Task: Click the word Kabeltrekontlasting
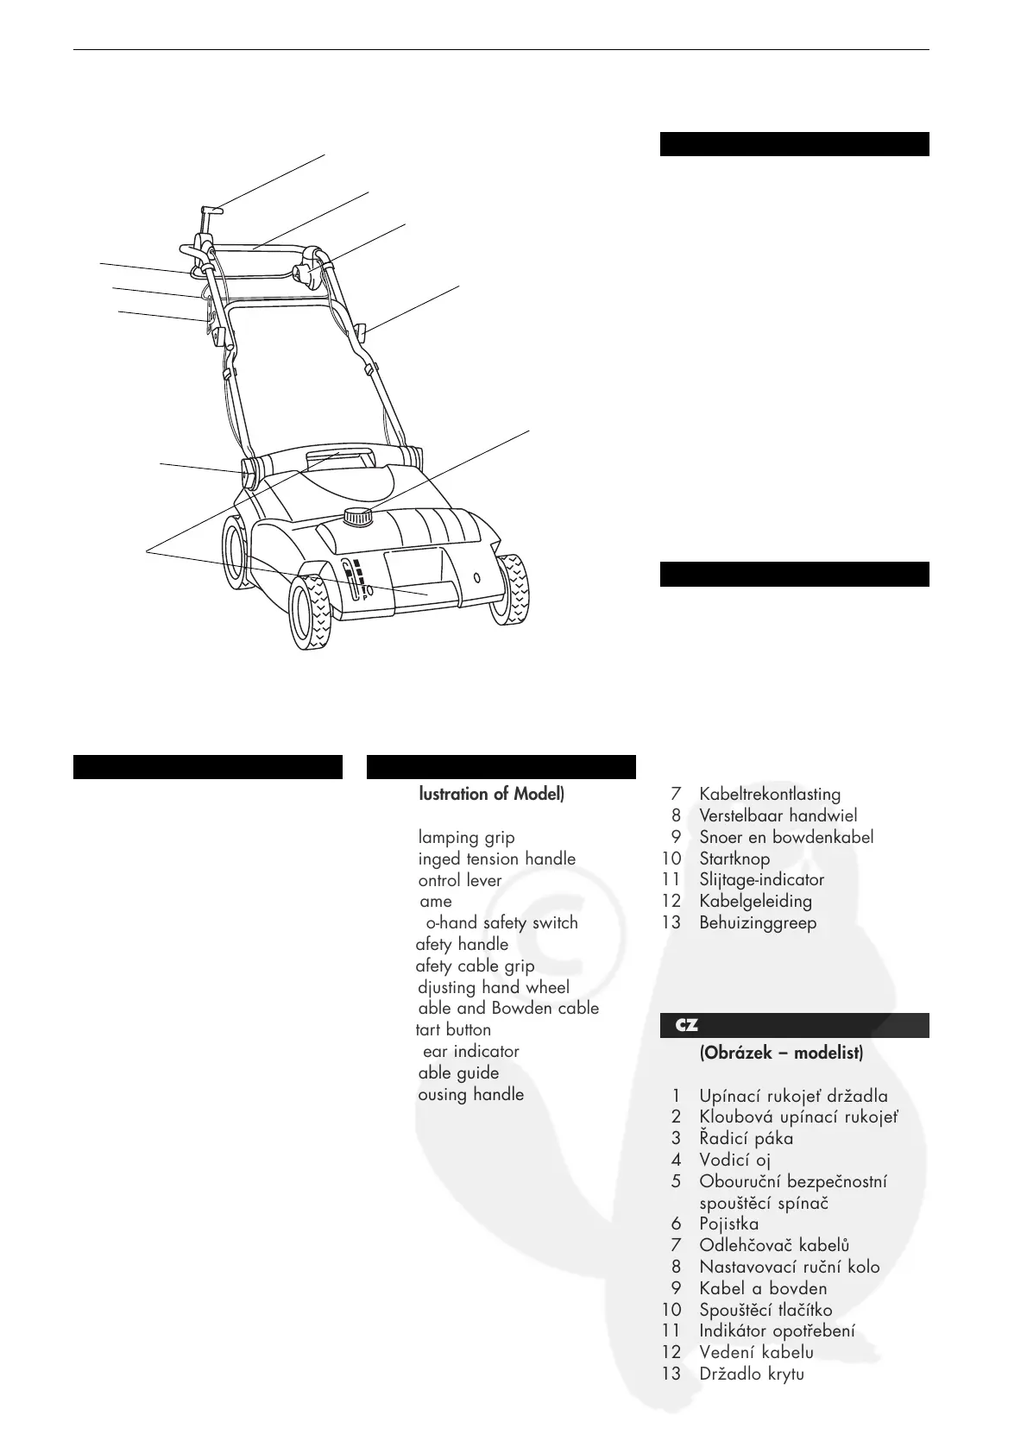(770, 794)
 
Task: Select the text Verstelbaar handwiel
(778, 815)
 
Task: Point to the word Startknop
(734, 859)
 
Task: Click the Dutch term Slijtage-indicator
(761, 880)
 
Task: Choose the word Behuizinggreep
(758, 922)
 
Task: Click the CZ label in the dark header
(686, 1026)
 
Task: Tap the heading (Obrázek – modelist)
(781, 1054)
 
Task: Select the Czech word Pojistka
(729, 1223)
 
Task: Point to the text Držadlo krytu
(752, 1374)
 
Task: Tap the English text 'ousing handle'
(470, 1094)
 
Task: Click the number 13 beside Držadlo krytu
(671, 1374)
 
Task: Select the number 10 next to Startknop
(671, 859)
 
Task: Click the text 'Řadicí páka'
(747, 1138)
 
